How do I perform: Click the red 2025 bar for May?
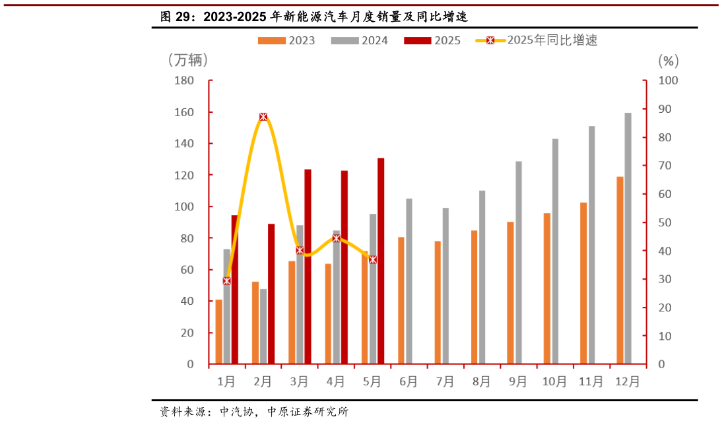[381, 261]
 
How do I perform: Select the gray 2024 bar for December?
[628, 238]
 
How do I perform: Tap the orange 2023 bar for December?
[620, 270]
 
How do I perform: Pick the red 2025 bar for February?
[271, 294]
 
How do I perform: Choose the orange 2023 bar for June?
[401, 300]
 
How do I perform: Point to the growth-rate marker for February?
[263, 117]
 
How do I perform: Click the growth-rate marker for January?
[226, 280]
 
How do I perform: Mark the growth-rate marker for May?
[373, 259]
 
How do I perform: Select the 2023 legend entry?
[287, 40]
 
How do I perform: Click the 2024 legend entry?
[360, 40]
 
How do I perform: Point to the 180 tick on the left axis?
[184, 81]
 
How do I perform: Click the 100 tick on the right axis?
[669, 81]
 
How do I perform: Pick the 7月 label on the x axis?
[445, 381]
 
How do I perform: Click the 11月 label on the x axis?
[591, 381]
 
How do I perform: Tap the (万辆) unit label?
[188, 60]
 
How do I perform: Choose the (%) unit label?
[668, 61]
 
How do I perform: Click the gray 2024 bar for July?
[445, 286]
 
